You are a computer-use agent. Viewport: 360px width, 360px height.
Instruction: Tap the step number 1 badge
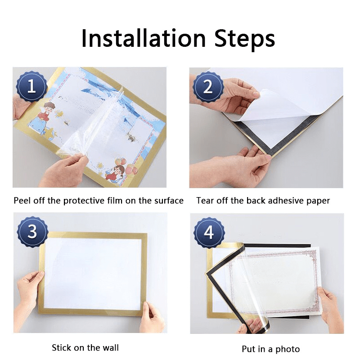[x=31, y=85]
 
